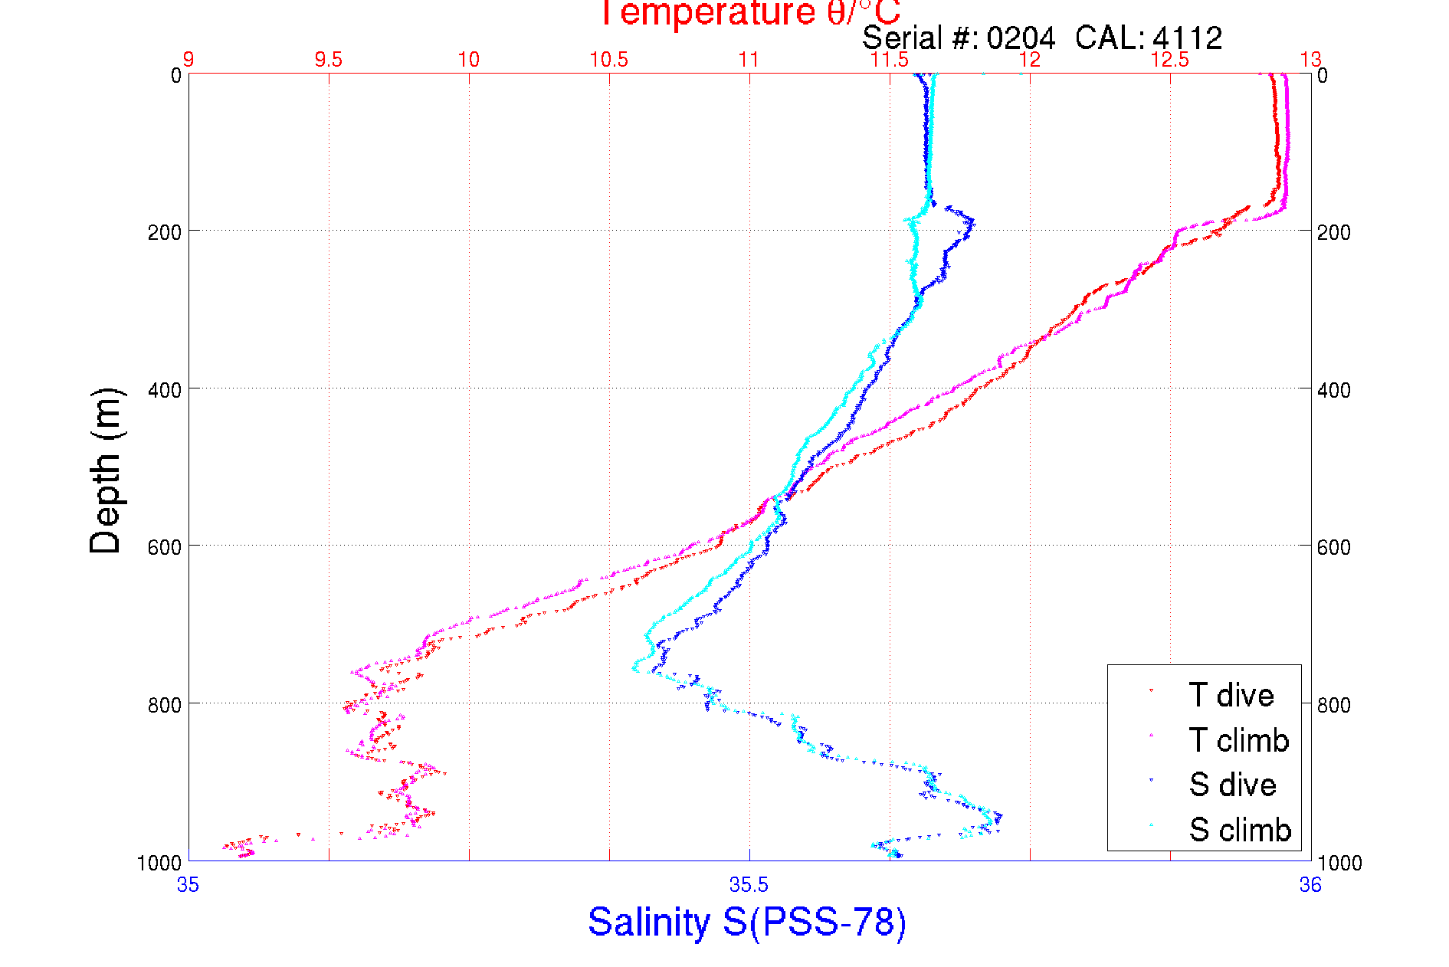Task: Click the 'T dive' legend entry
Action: (x=1231, y=695)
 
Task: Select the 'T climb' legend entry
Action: (x=1238, y=740)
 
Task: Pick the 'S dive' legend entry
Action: (x=1232, y=785)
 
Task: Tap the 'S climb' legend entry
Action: (x=1240, y=830)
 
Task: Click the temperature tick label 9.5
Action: (x=329, y=60)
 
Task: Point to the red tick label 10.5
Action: (x=608, y=60)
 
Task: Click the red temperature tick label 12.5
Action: (x=1170, y=60)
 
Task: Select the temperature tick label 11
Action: (x=749, y=60)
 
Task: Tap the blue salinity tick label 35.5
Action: (x=749, y=886)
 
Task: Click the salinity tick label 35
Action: (x=188, y=886)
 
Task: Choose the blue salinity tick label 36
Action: (x=1310, y=886)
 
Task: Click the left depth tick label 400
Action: (x=164, y=390)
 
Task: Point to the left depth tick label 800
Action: (x=164, y=705)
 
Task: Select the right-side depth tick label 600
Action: (x=1334, y=547)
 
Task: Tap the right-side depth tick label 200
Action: (x=1334, y=232)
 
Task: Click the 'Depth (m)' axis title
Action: (x=106, y=470)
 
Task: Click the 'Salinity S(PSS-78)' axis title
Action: (x=747, y=922)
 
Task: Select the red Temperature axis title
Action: (x=749, y=13)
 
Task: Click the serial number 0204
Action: (x=1021, y=38)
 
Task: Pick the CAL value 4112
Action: (x=1187, y=38)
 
